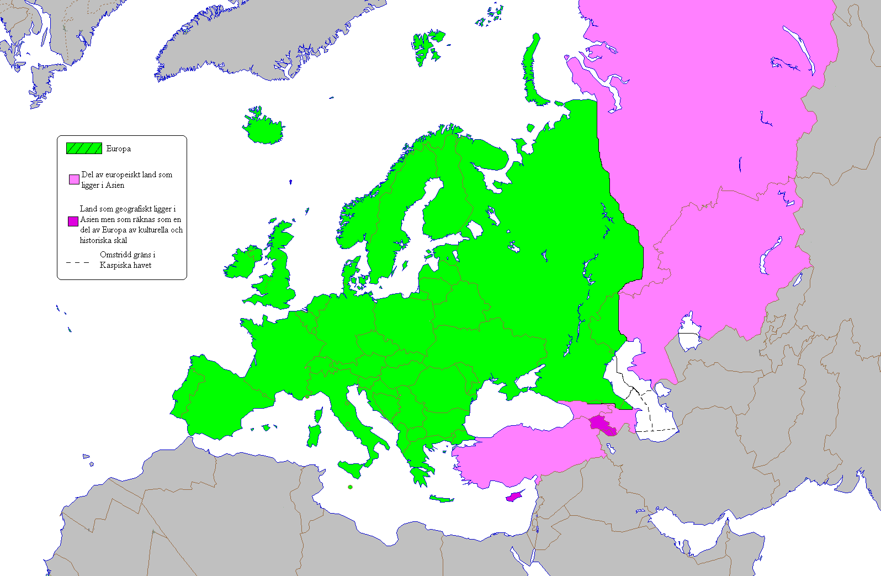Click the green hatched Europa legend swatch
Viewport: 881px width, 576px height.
click(x=84, y=148)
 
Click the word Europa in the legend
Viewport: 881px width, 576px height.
click(x=119, y=149)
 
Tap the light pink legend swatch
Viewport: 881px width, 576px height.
click(x=74, y=179)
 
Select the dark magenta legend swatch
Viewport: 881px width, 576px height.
click(x=73, y=221)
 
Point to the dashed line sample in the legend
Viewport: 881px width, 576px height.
click(x=78, y=262)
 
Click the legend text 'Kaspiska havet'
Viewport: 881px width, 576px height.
click(x=125, y=265)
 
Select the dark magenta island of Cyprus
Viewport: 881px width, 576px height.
click(x=513, y=496)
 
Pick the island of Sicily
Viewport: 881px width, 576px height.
click(x=352, y=469)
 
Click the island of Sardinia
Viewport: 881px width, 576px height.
click(x=313, y=436)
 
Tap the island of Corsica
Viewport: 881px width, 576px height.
click(x=318, y=415)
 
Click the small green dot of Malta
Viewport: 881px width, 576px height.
click(x=350, y=487)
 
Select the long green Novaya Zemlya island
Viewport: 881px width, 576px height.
click(x=531, y=72)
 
